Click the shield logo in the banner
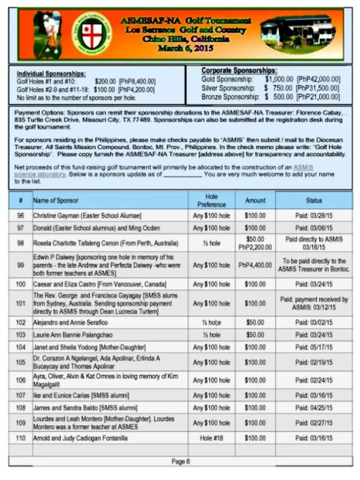pyautogui.click(x=94, y=34)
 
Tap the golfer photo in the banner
pyautogui.click(x=48, y=35)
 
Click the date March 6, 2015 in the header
pyautogui.click(x=186, y=48)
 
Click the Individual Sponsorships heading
pyautogui.click(x=51, y=74)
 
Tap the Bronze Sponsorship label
pyautogui.click(x=230, y=96)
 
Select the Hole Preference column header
pyautogui.click(x=211, y=200)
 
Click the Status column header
pyautogui.click(x=314, y=201)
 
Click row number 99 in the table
pyautogui.click(x=21, y=265)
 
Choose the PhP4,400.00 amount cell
pyautogui.click(x=255, y=265)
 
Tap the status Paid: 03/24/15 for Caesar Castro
pyautogui.click(x=314, y=284)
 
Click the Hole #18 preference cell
pyautogui.click(x=211, y=438)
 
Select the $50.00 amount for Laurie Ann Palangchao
pyautogui.click(x=255, y=335)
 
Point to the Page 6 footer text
pyautogui.click(x=181, y=461)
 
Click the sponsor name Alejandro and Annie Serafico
pyautogui.click(x=71, y=322)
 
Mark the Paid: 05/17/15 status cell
pyautogui.click(x=314, y=347)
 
